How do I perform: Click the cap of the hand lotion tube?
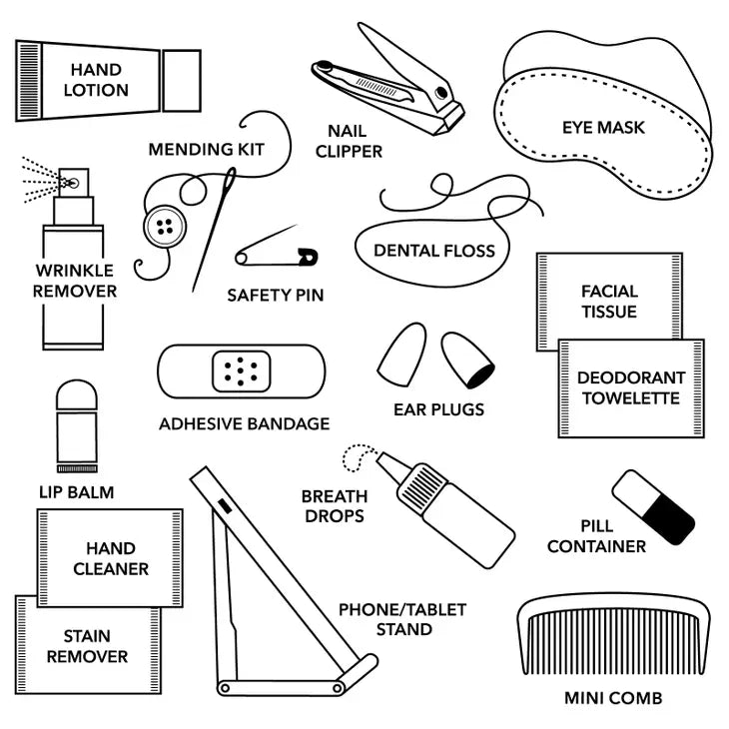(182, 81)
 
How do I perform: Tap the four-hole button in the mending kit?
(165, 227)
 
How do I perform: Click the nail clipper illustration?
(388, 81)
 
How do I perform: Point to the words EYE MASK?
(603, 128)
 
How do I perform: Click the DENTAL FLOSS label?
(434, 251)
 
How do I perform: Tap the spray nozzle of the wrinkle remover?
(73, 182)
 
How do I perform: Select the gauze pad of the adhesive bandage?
(242, 371)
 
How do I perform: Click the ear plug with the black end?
(467, 360)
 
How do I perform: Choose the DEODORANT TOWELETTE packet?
(631, 388)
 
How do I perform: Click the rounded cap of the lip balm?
(77, 395)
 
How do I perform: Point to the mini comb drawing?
(614, 633)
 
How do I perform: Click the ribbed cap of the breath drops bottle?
(420, 486)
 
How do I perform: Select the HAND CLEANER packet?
(110, 558)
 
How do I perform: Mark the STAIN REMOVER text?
(88, 646)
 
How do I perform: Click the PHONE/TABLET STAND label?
(402, 619)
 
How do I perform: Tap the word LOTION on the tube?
(96, 90)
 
